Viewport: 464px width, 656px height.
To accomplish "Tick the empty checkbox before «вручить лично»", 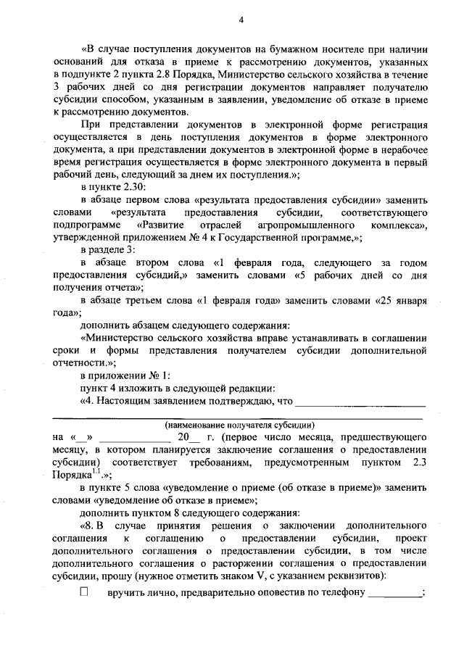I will point(83,592).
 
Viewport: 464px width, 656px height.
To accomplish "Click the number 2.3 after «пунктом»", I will point(416,461).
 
